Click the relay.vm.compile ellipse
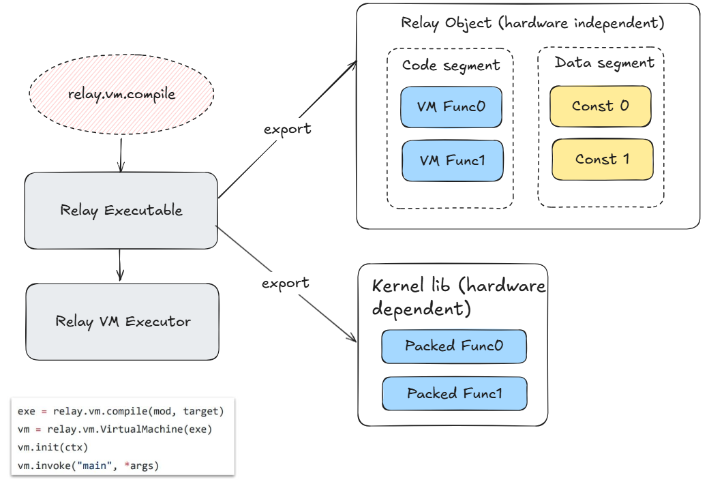121,94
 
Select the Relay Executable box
121,210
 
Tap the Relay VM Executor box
123,322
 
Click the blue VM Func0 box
451,106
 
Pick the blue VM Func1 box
452,161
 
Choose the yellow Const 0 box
600,106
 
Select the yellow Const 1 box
602,160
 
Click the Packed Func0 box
454,346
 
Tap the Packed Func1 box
455,393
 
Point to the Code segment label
451,65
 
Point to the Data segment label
604,63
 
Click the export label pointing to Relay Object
287,128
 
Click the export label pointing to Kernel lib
285,282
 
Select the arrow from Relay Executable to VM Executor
121,264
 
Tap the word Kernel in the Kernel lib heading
393,286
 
